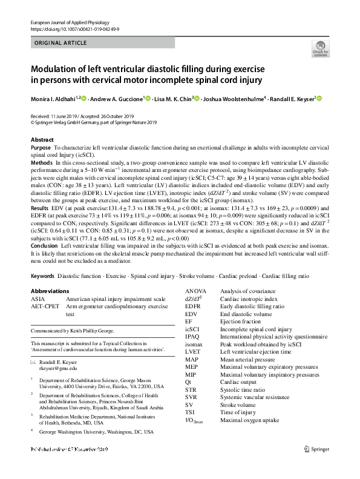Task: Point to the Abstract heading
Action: point(42,140)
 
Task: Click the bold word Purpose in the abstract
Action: point(41,148)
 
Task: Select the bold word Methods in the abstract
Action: point(41,164)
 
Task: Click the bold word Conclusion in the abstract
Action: point(44,246)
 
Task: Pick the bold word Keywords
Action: point(42,276)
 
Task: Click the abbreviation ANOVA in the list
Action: point(196,291)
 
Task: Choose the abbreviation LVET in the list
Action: point(193,351)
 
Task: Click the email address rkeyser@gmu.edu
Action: point(58,368)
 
